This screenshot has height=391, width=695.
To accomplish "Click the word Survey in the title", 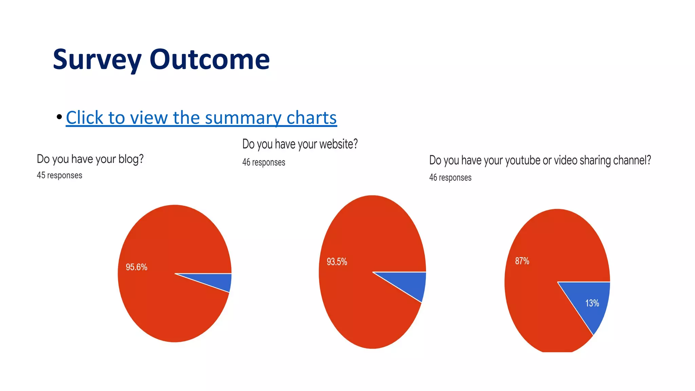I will click(x=97, y=60).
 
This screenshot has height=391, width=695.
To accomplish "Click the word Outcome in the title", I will click(x=209, y=59).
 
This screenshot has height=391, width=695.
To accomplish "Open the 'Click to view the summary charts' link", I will click(x=201, y=118).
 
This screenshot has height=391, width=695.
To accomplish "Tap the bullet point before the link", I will click(x=59, y=117).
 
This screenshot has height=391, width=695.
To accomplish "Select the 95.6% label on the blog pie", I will click(x=136, y=267).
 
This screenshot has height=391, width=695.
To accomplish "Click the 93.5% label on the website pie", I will click(x=337, y=262).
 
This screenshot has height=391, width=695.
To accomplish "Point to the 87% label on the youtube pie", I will click(x=522, y=261).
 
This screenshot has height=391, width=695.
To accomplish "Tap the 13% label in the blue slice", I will click(x=592, y=303).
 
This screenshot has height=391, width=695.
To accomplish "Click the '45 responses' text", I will click(x=59, y=175).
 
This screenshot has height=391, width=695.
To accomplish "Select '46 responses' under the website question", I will click(x=264, y=162).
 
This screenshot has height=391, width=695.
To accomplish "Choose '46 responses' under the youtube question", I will click(x=450, y=178).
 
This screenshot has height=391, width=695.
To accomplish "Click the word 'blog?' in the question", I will click(x=131, y=159).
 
